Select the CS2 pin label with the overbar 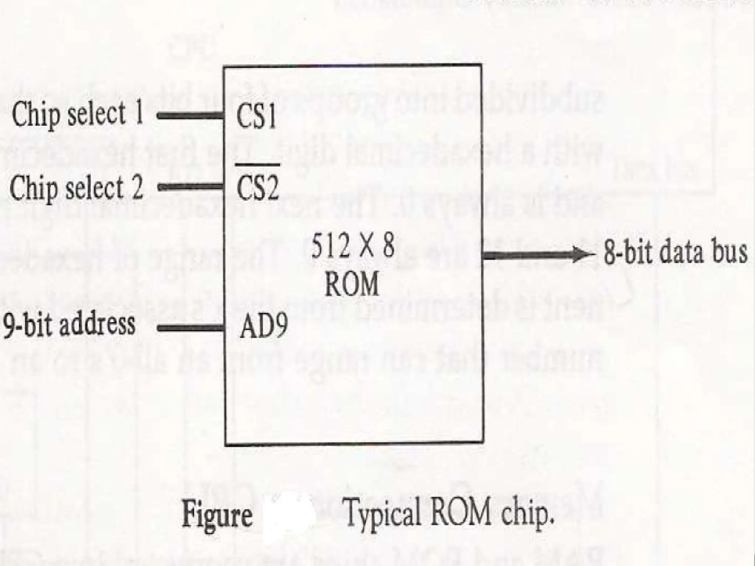257,188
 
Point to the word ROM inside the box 352,284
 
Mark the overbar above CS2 257,165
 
